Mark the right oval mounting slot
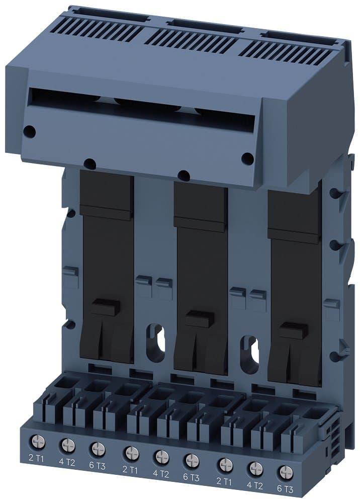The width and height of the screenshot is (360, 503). [250, 352]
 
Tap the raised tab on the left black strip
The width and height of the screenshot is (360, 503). [106, 306]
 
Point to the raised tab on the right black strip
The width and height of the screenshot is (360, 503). [294, 330]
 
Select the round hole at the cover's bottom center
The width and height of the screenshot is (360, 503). [184, 176]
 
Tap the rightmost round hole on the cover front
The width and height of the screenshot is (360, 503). [247, 158]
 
